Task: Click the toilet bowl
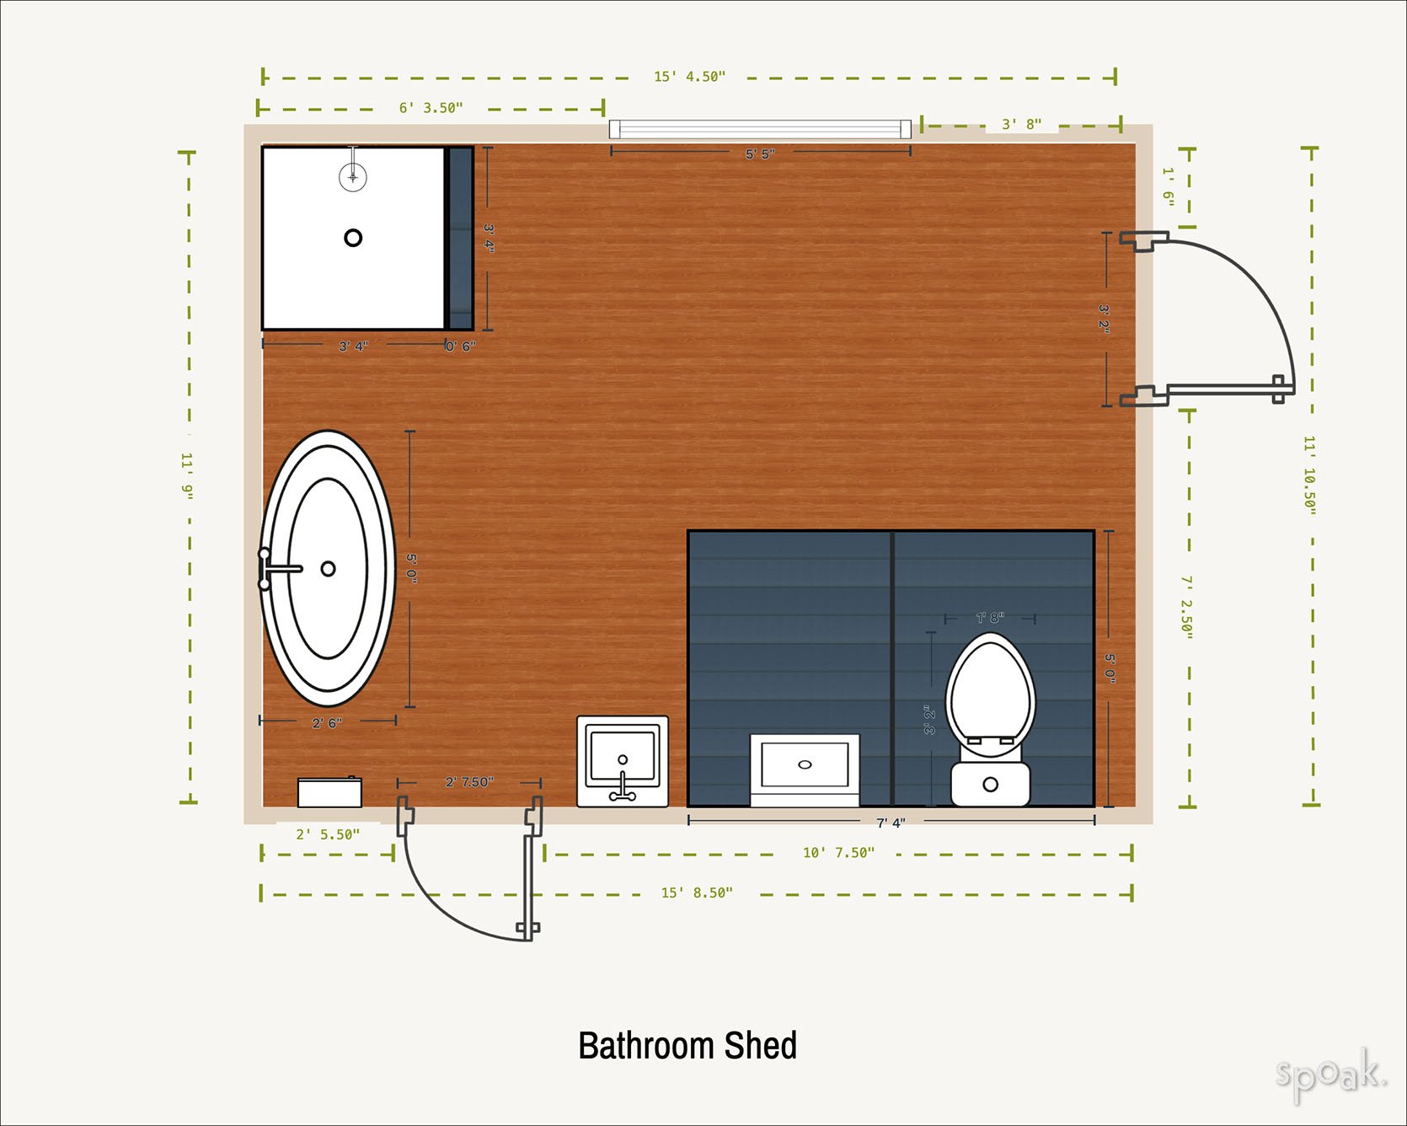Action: click(990, 689)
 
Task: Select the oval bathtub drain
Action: click(328, 569)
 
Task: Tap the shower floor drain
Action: click(353, 238)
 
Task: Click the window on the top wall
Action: click(760, 129)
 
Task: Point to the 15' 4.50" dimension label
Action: click(690, 77)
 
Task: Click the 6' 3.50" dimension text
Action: click(431, 108)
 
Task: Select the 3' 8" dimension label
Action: click(1021, 124)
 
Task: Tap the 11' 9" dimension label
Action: click(187, 475)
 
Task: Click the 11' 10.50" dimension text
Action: click(1309, 475)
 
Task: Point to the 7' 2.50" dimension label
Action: click(1186, 607)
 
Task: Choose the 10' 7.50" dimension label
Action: click(838, 853)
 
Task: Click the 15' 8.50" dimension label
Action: click(697, 893)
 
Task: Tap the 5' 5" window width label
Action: click(760, 154)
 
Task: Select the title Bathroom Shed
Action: click(687, 1046)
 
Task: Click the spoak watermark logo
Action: click(1330, 1075)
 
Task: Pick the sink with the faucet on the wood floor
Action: click(623, 762)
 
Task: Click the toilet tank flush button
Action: click(991, 785)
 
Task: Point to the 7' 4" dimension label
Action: click(891, 823)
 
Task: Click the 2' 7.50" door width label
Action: click(469, 782)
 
